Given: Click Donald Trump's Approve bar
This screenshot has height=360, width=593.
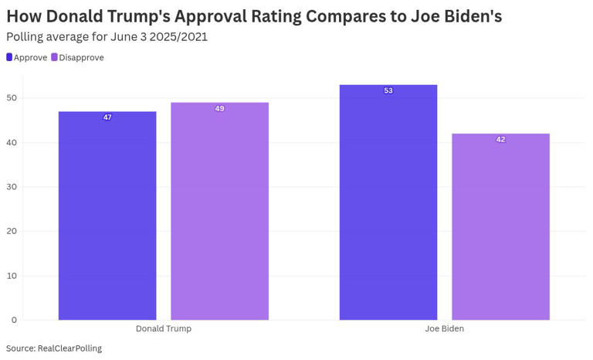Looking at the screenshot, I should [x=107, y=216].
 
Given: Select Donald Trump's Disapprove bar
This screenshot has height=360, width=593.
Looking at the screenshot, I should [x=219, y=212].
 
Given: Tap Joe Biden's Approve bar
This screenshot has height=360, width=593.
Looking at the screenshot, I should [x=388, y=202].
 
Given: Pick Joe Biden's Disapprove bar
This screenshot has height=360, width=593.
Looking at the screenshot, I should [x=500, y=227].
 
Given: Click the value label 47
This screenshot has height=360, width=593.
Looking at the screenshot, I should [x=107, y=117].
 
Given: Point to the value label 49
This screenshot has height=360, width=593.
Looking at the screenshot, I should [x=219, y=109].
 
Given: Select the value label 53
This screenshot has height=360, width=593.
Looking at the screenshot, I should [x=388, y=91].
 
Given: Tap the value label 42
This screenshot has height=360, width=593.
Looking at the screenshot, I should [x=500, y=140].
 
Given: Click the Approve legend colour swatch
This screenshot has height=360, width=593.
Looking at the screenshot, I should [x=9, y=57].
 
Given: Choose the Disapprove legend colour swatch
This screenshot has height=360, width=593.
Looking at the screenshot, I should [x=55, y=57].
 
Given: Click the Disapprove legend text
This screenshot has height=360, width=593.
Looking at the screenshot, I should [x=82, y=57].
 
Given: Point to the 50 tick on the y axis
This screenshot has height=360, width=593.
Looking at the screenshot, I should [x=12, y=98].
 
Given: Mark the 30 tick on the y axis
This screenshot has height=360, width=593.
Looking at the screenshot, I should [x=12, y=187].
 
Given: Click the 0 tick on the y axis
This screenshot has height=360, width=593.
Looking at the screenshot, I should [x=14, y=320].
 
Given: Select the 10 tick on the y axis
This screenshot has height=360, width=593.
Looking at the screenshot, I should [x=12, y=276].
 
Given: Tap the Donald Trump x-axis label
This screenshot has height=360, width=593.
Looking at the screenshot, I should [x=163, y=329].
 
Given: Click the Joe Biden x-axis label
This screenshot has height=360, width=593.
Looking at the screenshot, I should [x=444, y=329].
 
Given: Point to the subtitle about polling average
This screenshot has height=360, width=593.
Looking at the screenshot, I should [x=107, y=36].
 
